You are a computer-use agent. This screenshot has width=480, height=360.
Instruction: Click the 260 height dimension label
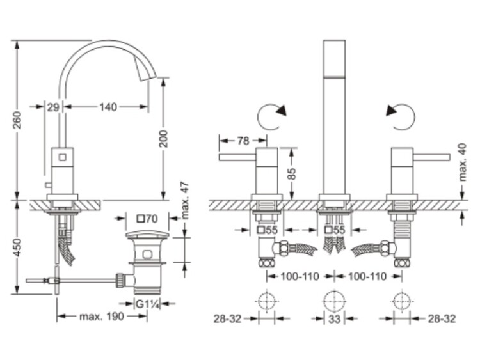pos(18,120)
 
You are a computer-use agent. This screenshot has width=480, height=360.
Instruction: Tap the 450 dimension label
pos(18,247)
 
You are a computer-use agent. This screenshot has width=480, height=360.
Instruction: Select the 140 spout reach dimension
pos(108,107)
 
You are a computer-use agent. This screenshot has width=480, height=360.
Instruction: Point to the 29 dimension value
pos(53,107)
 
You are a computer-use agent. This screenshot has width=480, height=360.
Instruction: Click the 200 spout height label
pos(164,139)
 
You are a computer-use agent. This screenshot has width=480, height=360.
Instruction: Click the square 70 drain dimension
pos(147,219)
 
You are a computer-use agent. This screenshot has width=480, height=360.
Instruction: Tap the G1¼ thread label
pos(148,304)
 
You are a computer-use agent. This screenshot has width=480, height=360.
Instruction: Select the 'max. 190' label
pos(102,317)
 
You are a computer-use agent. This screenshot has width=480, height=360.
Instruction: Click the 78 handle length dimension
pos(243,141)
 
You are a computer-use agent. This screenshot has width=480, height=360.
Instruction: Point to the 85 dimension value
pos(292,174)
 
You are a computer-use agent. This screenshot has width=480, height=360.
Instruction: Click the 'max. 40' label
pos(463,162)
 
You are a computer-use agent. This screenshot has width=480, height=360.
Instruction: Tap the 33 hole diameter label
pos(334,319)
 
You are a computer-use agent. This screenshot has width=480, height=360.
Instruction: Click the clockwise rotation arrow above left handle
pos(271,116)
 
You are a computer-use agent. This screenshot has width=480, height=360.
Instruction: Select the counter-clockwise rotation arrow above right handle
pos(401,117)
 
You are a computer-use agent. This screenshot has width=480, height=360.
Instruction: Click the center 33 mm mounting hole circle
pos(334,301)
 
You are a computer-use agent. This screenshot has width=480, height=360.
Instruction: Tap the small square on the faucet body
pos(63,157)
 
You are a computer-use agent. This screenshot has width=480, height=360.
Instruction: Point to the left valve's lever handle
pos(237,157)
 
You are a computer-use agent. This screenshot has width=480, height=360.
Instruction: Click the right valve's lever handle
pos(431,157)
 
